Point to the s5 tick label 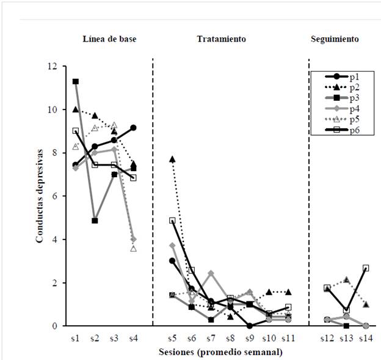(x=172, y=337)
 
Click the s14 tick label (x=366, y=337)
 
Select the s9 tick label (x=249, y=337)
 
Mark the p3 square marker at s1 (x=75, y=81)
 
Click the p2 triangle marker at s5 (x=172, y=159)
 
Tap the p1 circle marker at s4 (x=133, y=128)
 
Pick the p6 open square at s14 (x=366, y=268)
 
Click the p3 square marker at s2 (x=95, y=220)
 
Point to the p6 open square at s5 (x=172, y=220)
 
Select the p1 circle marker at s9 (x=249, y=326)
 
